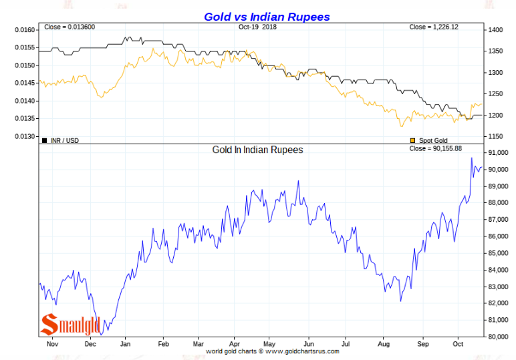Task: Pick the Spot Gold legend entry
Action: tap(428, 140)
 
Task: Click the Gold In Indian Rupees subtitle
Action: tap(257, 150)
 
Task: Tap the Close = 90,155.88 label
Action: tap(435, 148)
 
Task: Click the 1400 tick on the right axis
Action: tap(495, 30)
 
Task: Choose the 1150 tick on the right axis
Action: tap(495, 136)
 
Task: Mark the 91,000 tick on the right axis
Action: tap(499, 153)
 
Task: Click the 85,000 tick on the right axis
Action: tap(499, 253)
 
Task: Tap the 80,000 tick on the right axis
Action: tap(499, 337)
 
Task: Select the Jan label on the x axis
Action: tap(124, 343)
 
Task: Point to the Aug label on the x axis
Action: tap(383, 343)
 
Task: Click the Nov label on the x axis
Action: tap(51, 343)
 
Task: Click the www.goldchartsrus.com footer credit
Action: tap(273, 351)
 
